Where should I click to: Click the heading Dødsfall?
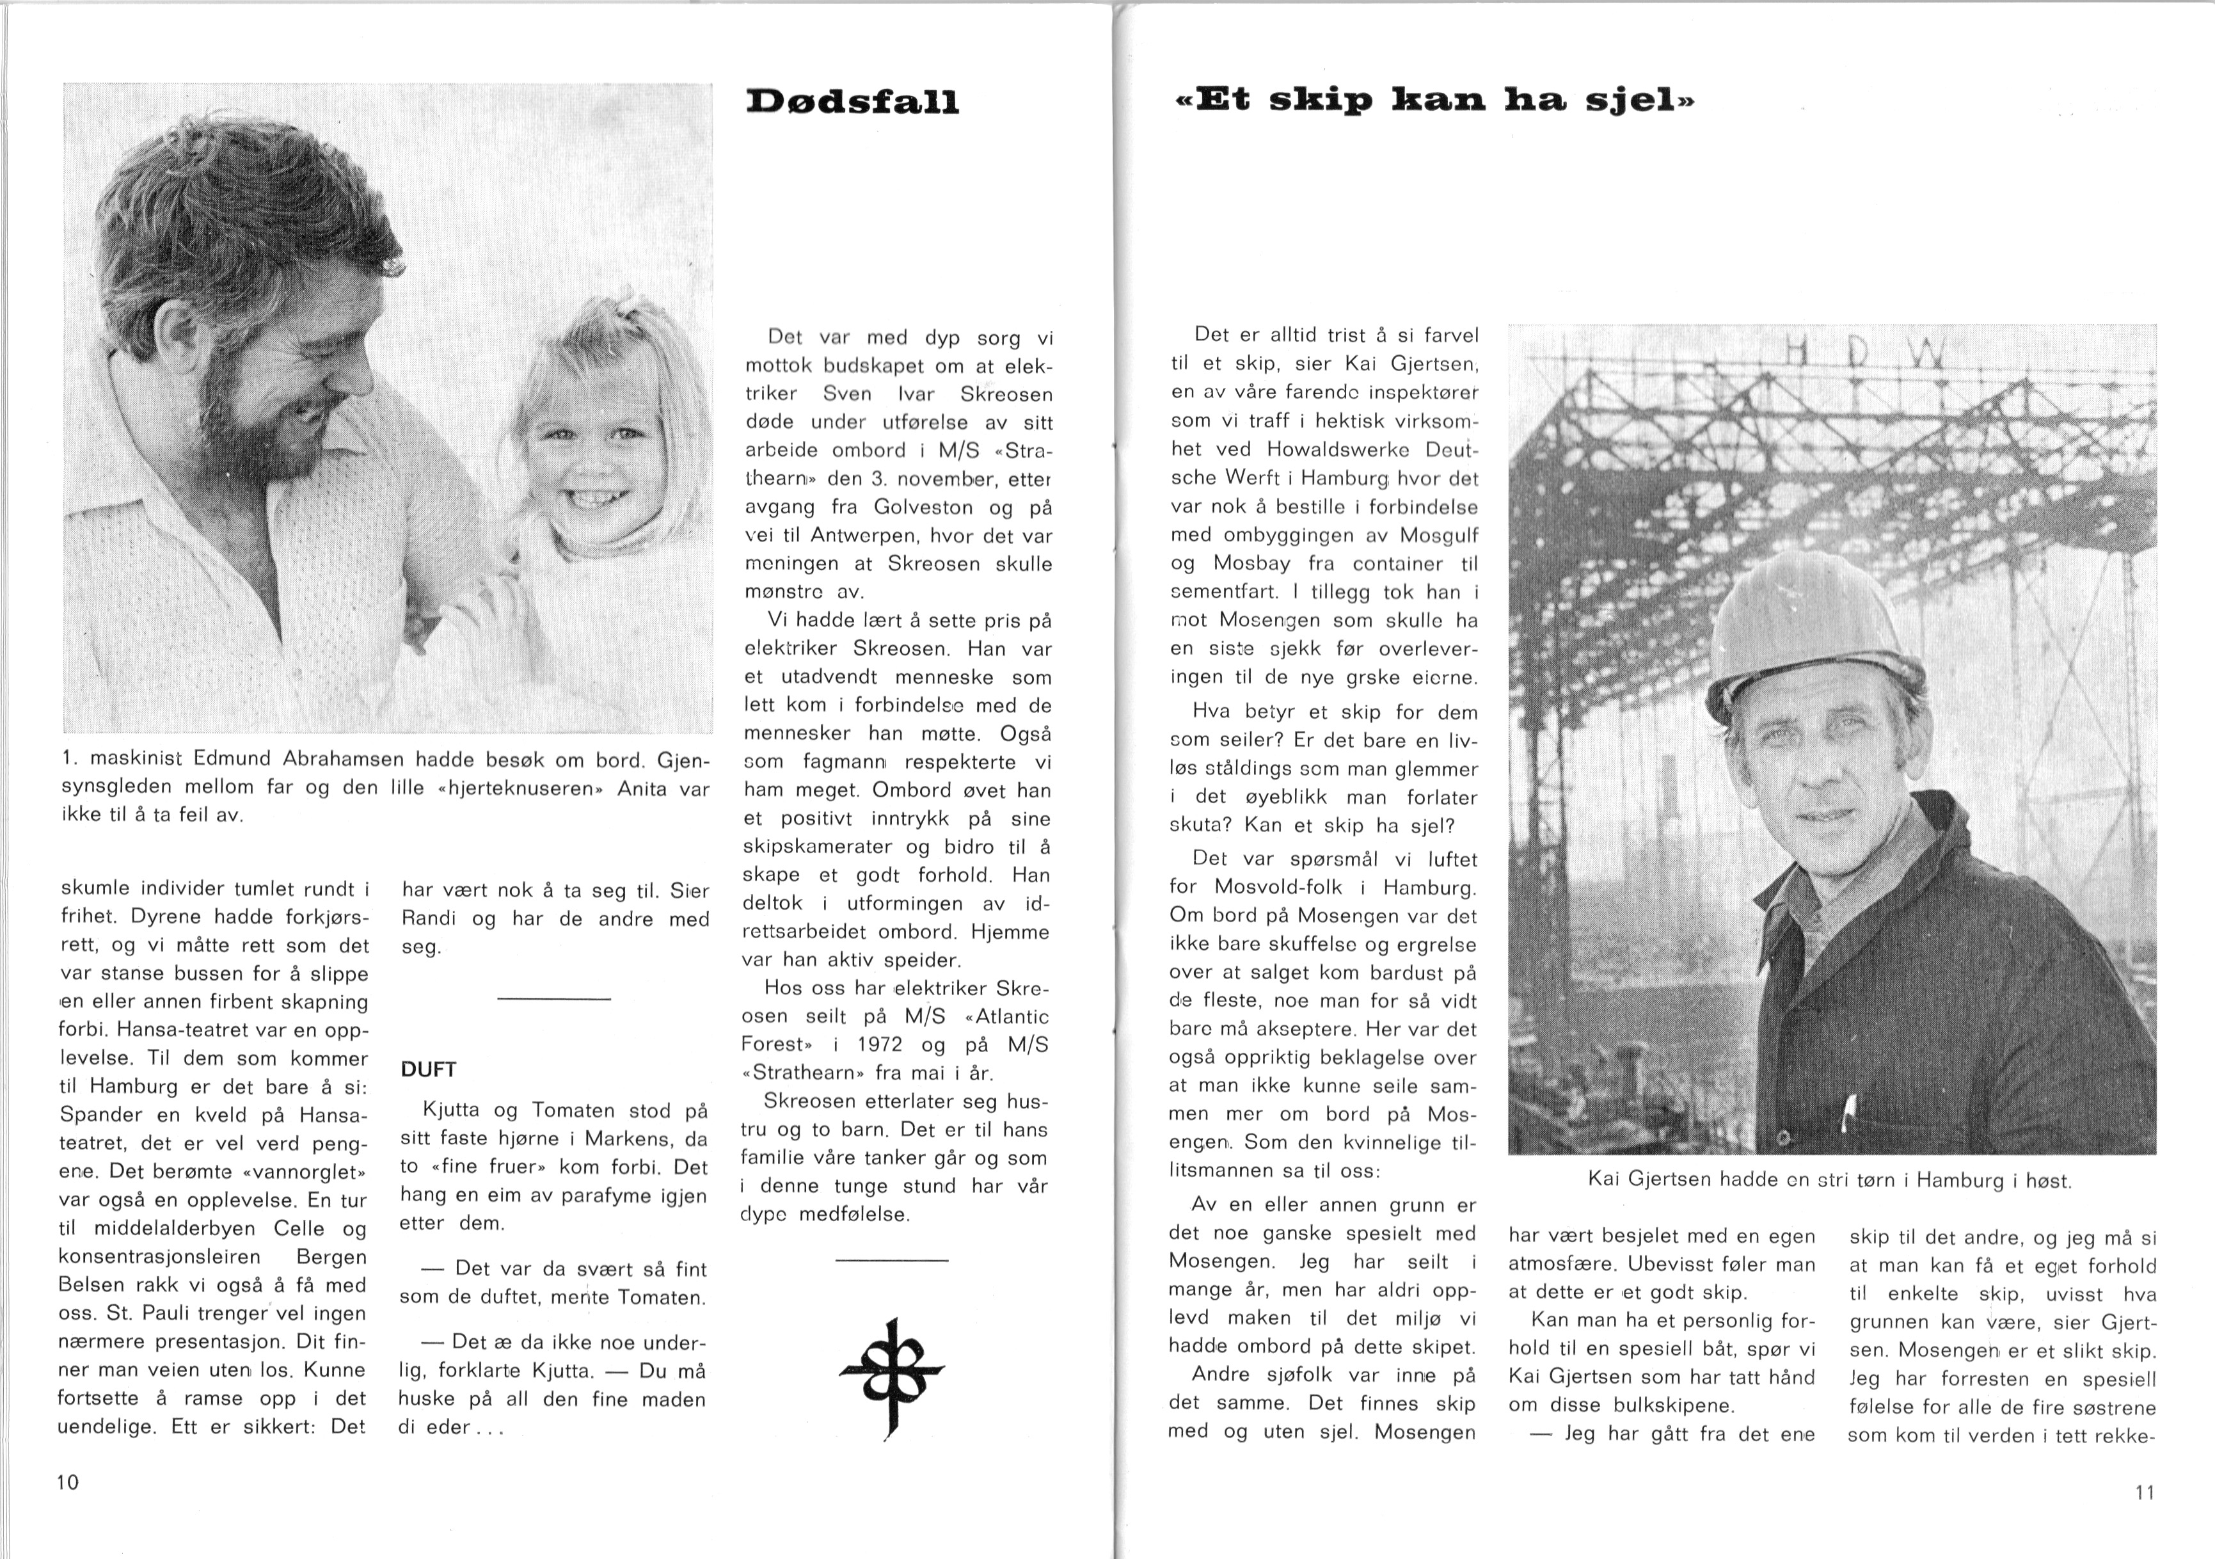pyautogui.click(x=853, y=101)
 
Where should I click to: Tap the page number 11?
pyautogui.click(x=2145, y=1492)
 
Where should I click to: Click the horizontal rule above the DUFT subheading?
pyautogui.click(x=554, y=998)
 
